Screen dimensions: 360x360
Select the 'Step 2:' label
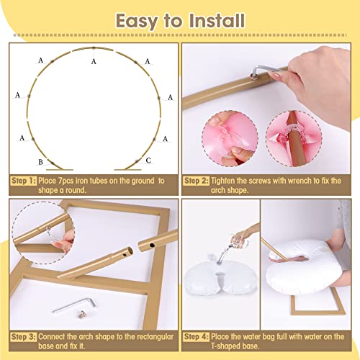[197, 180]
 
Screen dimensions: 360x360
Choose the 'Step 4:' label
[197, 336]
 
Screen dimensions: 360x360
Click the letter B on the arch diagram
[41, 161]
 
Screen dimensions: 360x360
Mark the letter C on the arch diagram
[148, 161]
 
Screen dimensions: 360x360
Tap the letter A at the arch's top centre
[94, 62]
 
